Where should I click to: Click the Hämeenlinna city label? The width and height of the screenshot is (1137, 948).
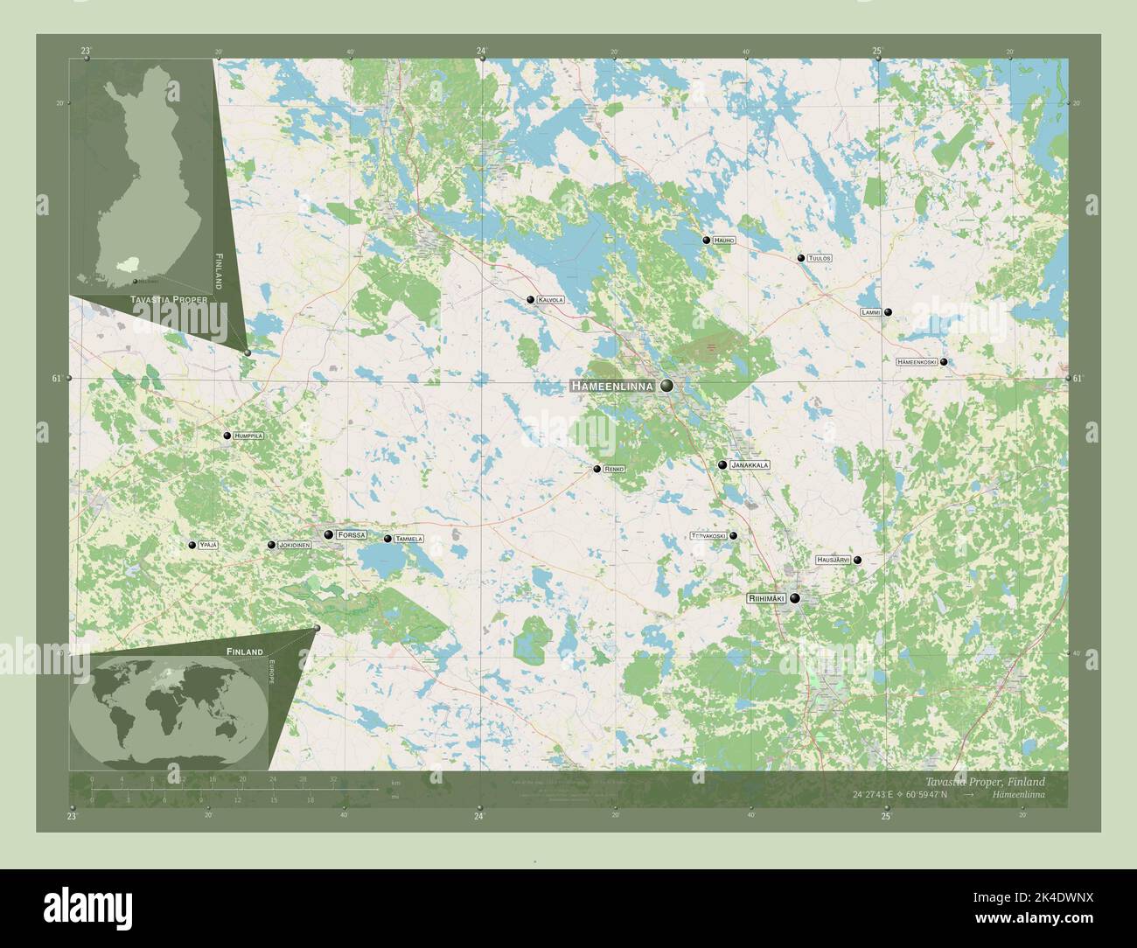coord(613,386)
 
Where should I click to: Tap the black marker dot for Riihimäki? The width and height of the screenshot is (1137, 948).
coord(795,598)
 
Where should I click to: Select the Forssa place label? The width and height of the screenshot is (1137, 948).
coord(352,534)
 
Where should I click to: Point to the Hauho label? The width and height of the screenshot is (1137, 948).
coord(724,240)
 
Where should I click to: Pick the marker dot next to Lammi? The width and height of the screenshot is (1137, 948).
coord(888,312)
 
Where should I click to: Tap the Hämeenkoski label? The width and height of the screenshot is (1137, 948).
coord(917,362)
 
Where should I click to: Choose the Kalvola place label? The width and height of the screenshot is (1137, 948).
coord(551,300)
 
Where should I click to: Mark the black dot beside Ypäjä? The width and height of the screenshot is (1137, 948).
coord(192,545)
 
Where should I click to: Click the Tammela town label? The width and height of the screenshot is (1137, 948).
coord(408,539)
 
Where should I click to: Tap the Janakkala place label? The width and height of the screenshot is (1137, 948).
coord(750,465)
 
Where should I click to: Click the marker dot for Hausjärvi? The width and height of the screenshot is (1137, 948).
coord(858,560)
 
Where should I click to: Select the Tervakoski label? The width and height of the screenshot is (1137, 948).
coord(708,535)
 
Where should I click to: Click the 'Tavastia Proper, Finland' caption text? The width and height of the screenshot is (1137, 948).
coord(985,781)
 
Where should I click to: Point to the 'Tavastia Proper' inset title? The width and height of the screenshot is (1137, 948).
coord(169,300)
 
